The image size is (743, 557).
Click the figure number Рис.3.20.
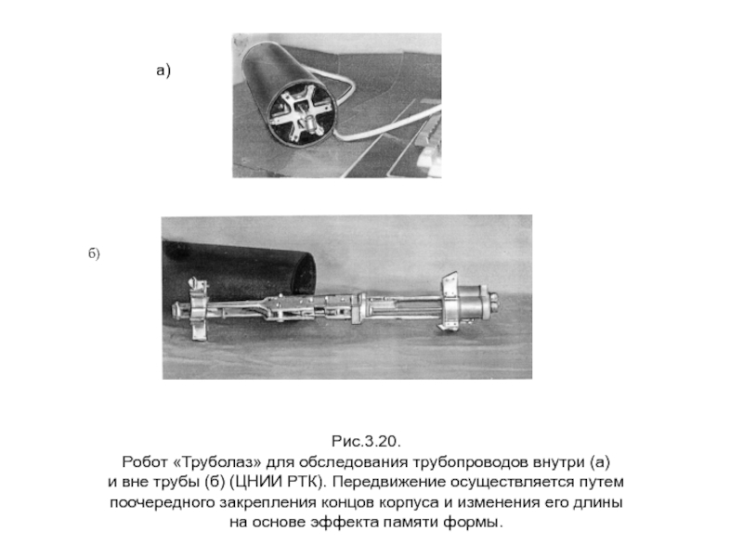tap(366, 442)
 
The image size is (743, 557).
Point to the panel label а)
tap(163, 71)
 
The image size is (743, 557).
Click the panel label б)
tap(94, 253)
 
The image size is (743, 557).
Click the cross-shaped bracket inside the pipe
tap(298, 112)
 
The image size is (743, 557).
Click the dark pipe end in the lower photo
tap(237, 270)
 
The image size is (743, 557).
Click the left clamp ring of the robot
tap(200, 310)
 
